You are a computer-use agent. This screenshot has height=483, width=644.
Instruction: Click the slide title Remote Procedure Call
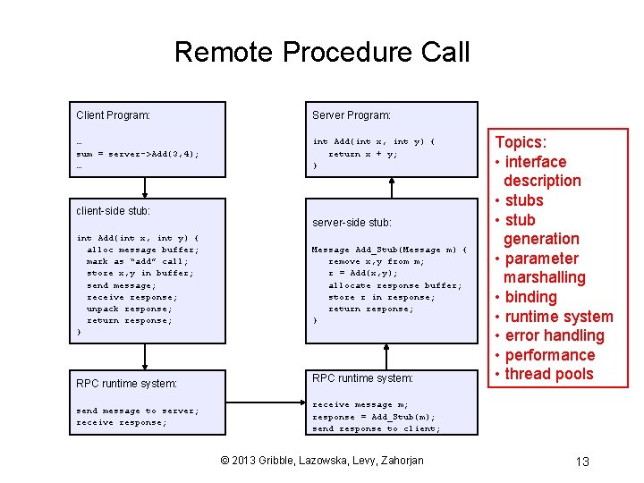click(x=322, y=52)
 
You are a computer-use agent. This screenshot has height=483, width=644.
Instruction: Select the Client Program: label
click(x=113, y=115)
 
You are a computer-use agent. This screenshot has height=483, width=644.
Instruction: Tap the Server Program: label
click(x=352, y=115)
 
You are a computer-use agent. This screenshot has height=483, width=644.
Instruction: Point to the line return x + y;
click(x=363, y=154)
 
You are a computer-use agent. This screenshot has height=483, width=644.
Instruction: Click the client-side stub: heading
click(x=113, y=211)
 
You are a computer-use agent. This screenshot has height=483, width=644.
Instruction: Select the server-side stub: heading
click(x=352, y=222)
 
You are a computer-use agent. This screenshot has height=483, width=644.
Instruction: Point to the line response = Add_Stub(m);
click(x=374, y=417)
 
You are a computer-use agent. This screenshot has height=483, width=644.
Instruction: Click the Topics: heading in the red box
click(x=521, y=142)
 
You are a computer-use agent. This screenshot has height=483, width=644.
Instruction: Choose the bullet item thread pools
click(x=548, y=374)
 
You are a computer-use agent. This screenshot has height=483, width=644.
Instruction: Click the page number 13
click(x=581, y=462)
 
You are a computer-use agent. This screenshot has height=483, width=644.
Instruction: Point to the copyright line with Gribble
click(x=322, y=461)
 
